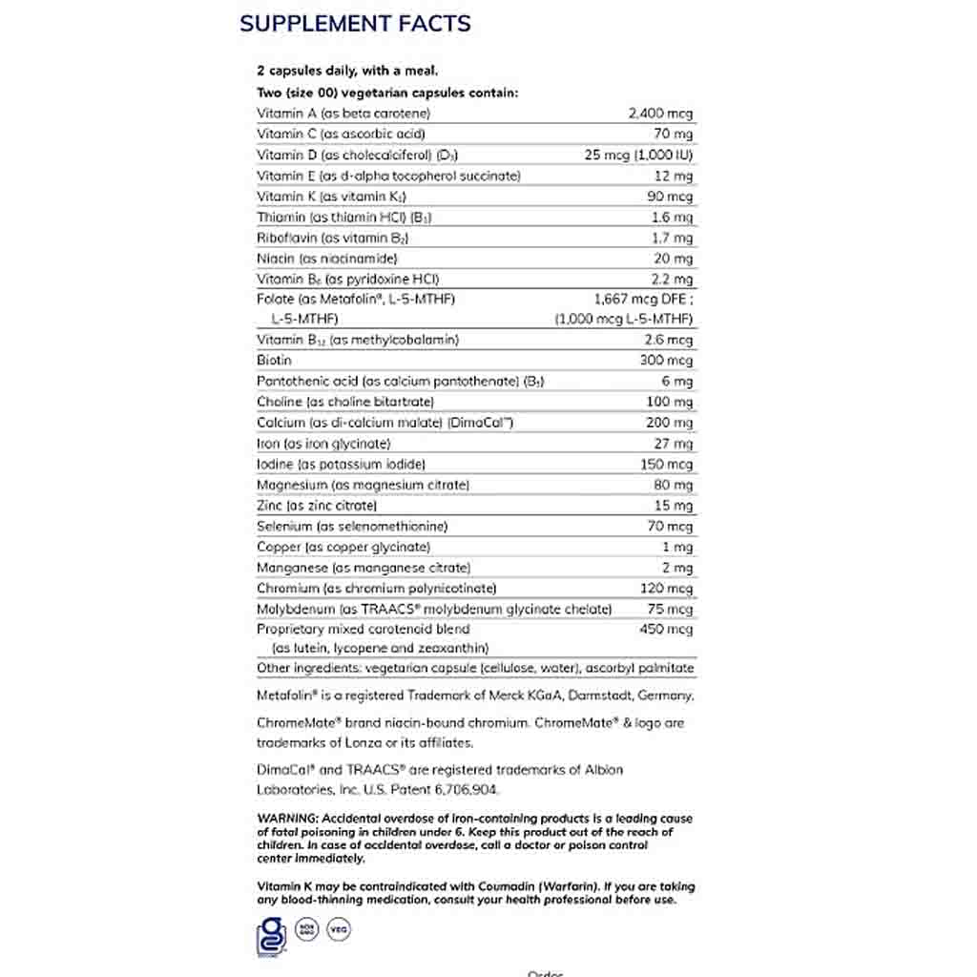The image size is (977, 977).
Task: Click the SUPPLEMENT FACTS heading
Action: click(x=355, y=24)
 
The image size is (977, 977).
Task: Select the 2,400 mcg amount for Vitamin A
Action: click(x=660, y=114)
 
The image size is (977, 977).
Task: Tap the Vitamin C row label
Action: click(x=327, y=135)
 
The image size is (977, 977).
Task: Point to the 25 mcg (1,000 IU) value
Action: click(x=638, y=156)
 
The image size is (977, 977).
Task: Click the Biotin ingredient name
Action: click(x=274, y=361)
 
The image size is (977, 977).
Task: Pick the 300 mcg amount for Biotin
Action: click(x=666, y=361)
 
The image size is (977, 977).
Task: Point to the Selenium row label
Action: click(x=339, y=527)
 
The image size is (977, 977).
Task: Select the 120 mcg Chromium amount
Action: click(x=666, y=589)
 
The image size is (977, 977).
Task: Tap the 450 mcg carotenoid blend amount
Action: click(x=666, y=630)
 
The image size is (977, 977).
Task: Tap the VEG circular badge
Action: click(x=337, y=928)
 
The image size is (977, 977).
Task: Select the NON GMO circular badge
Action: click(x=305, y=928)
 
